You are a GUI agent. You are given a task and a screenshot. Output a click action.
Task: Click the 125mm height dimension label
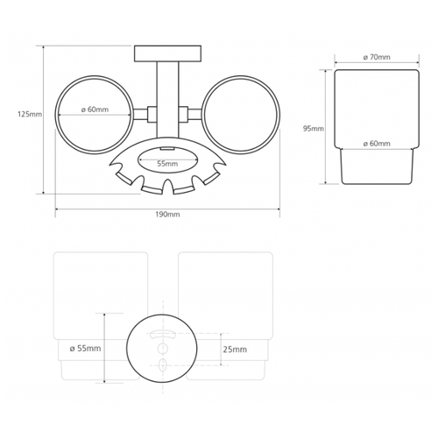[30, 114]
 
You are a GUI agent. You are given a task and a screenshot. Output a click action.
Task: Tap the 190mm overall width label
[167, 215]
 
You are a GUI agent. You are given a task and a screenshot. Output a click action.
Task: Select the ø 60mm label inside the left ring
[95, 109]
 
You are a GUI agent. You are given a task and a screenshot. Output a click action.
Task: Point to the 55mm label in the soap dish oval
[167, 164]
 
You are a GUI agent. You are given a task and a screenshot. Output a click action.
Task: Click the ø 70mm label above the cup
[377, 57]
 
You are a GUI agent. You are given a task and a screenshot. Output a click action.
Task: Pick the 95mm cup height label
[314, 129]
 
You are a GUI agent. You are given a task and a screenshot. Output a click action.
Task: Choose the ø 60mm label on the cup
[377, 144]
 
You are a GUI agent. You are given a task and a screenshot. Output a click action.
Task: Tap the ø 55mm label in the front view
[85, 349]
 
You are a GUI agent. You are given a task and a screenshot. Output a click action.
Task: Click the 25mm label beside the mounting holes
[235, 350]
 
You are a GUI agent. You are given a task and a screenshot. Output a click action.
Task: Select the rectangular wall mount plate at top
[167, 53]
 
